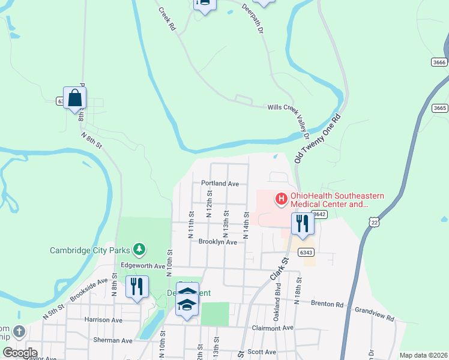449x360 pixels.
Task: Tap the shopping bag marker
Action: [75, 98]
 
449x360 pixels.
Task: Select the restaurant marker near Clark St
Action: [302, 224]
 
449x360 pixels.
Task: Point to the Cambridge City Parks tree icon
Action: [139, 248]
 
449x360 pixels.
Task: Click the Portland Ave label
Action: [220, 183]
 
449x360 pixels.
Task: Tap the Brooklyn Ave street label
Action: [218, 242]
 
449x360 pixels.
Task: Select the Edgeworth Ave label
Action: [143, 265]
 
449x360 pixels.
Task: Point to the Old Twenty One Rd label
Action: [319, 139]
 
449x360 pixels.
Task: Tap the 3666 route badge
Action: [439, 62]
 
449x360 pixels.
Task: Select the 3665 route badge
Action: [439, 108]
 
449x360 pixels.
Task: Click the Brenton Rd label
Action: [327, 304]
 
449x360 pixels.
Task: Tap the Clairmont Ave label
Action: [273, 328]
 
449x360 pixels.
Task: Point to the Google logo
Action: [20, 353]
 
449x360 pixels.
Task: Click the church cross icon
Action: [20, 331]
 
